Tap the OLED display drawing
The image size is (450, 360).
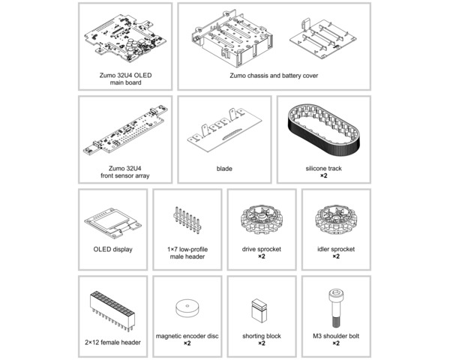[112, 221]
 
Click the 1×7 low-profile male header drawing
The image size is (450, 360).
[187, 220]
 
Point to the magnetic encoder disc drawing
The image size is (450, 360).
[187, 310]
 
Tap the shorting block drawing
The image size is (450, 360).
[260, 309]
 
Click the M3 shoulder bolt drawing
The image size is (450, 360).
[334, 307]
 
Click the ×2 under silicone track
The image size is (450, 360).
[324, 177]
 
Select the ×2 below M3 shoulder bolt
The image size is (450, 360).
[335, 344]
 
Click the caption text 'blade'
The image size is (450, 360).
[224, 169]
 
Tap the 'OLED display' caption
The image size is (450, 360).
[112, 249]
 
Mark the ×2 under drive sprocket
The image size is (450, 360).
[262, 256]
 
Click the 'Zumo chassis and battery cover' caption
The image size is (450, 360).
[274, 75]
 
